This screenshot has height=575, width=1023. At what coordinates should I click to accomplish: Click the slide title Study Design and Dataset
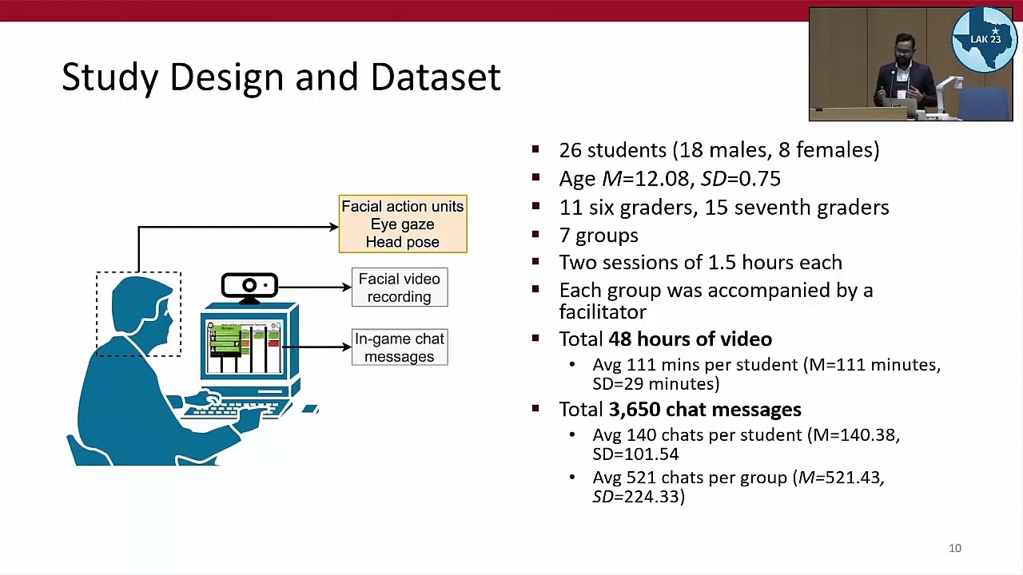pyautogui.click(x=281, y=77)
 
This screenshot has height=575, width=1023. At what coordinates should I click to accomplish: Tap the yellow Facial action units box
pyautogui.click(x=402, y=224)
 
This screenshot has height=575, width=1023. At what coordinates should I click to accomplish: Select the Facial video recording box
pyautogui.click(x=399, y=287)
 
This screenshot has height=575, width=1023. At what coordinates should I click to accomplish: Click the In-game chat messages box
pyautogui.click(x=399, y=347)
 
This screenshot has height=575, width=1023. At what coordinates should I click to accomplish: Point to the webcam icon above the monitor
pyautogui.click(x=249, y=286)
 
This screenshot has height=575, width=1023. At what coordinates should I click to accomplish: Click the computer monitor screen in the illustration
pyautogui.click(x=244, y=347)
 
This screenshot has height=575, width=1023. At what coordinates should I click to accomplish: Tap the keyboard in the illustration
pyautogui.click(x=231, y=406)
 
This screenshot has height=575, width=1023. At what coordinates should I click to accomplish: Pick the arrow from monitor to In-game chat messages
pyautogui.click(x=317, y=347)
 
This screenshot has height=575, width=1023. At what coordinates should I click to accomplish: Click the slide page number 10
pyautogui.click(x=955, y=548)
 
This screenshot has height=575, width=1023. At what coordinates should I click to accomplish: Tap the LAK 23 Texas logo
pyautogui.click(x=984, y=39)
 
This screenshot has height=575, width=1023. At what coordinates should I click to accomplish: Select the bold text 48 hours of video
pyautogui.click(x=690, y=339)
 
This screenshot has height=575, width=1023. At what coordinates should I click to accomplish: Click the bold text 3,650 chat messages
pyautogui.click(x=704, y=409)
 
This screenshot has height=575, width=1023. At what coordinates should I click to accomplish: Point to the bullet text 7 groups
pyautogui.click(x=599, y=236)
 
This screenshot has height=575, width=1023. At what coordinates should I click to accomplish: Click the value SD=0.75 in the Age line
pyautogui.click(x=740, y=179)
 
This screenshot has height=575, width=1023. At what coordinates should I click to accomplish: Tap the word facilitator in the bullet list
pyautogui.click(x=602, y=311)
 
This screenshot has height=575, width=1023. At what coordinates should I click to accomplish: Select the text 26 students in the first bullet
pyautogui.click(x=612, y=150)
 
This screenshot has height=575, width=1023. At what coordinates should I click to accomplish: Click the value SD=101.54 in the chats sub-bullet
pyautogui.click(x=635, y=454)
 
